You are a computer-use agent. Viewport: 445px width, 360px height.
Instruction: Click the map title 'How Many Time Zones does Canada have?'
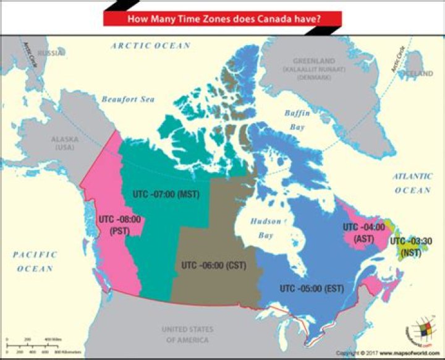click(x=222, y=19)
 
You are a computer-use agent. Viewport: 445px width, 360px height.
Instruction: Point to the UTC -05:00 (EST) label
click(x=311, y=288)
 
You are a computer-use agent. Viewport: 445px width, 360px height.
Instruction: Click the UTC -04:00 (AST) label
click(x=364, y=232)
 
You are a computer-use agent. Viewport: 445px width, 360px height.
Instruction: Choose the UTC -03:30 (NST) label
click(x=410, y=247)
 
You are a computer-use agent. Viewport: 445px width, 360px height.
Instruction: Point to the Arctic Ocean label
click(x=151, y=46)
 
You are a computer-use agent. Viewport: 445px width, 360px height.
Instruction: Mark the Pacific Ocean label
click(x=35, y=261)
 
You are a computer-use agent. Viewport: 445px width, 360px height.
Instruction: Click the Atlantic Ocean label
click(x=412, y=183)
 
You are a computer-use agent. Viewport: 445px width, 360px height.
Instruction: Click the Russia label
click(x=49, y=53)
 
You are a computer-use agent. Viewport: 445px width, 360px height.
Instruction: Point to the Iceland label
click(x=418, y=73)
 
